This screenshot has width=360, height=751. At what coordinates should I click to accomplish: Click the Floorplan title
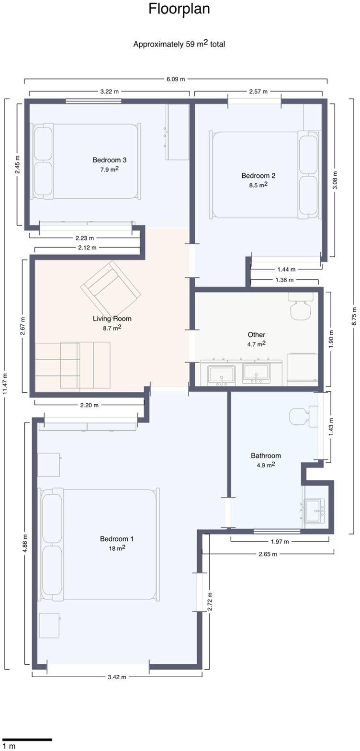180,9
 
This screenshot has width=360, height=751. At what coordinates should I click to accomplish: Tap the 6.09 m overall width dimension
176,79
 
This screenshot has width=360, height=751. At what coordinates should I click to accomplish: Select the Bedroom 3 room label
110,160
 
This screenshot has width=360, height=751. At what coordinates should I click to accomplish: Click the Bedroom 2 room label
259,175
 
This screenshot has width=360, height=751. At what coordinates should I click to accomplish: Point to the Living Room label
112,319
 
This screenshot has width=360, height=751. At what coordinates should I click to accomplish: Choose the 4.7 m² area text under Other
257,344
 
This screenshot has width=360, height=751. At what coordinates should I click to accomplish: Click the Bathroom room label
266,455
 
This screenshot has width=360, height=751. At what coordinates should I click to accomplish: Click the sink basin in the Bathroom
314,511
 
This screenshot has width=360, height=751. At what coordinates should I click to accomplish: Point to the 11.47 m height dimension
5,384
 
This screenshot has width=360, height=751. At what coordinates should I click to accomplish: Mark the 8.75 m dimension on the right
354,316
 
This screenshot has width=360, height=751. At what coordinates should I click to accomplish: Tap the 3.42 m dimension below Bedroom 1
117,677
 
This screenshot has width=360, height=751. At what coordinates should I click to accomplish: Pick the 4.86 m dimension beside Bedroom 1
26,543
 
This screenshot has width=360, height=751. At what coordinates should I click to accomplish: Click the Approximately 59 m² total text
179,44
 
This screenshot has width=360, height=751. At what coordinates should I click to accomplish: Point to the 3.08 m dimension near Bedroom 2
335,180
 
